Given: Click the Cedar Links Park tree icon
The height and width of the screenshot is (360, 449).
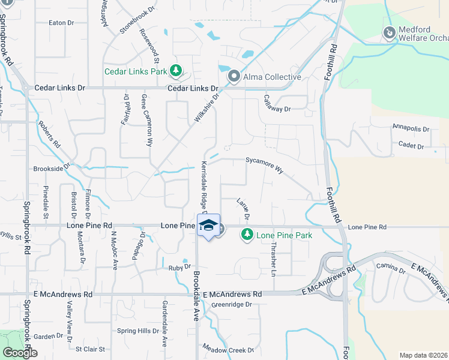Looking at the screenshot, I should [x=176, y=71].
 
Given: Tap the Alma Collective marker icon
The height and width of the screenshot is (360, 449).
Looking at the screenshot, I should [x=234, y=76].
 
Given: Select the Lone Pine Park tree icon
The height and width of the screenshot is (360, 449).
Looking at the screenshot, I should [x=246, y=235].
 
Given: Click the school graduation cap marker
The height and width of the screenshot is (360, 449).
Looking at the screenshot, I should [x=208, y=226].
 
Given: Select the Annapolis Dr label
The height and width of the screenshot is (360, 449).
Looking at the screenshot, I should [x=411, y=128].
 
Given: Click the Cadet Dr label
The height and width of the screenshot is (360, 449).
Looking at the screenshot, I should [x=411, y=146].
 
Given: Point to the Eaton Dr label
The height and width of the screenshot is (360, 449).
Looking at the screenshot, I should [x=61, y=23].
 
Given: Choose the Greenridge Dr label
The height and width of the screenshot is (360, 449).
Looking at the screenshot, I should [x=231, y=304].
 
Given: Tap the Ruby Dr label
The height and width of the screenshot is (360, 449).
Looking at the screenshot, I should [x=179, y=266].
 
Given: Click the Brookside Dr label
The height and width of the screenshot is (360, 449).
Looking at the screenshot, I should [x=52, y=169].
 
